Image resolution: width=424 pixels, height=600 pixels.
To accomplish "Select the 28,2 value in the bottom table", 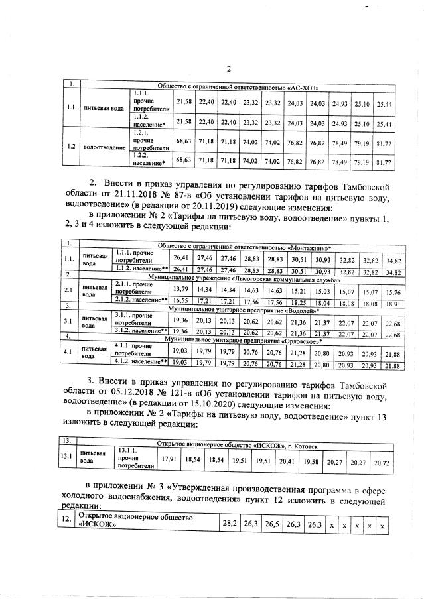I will coord(229,523).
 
